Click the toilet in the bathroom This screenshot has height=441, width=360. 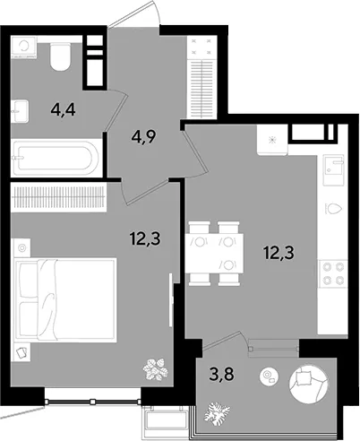pyautogui.click(x=60, y=56)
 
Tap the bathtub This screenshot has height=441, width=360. pyautogui.click(x=56, y=158)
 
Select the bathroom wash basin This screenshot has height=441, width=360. pyautogui.click(x=20, y=111)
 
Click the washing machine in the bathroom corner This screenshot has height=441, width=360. pyautogui.click(x=23, y=47)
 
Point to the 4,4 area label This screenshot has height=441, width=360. pyautogui.click(x=63, y=110)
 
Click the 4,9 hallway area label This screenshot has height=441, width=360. pyautogui.click(x=143, y=137)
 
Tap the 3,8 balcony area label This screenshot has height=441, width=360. pyautogui.click(x=222, y=374)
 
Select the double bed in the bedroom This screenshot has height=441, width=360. pyautogui.click(x=65, y=300)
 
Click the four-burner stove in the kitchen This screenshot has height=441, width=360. pyautogui.click(x=333, y=273)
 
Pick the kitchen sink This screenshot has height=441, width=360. pyautogui.click(x=334, y=169)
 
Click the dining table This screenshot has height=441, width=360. pyautogui.click(x=214, y=254)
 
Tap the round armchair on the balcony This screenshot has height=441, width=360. pyautogui.click(x=309, y=383)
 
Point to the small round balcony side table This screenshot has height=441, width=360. pyautogui.click(x=269, y=376)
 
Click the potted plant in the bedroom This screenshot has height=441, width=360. pyautogui.click(x=155, y=369)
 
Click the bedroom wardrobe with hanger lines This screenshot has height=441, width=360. pyautogui.click(x=58, y=197)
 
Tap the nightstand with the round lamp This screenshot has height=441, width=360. pyautogui.click(x=21, y=248)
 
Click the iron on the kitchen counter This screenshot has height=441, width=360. pyautogui.click(x=333, y=208)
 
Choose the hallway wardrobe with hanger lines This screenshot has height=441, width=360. pyautogui.click(x=202, y=77)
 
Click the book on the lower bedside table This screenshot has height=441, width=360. pyautogui.click(x=22, y=352)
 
